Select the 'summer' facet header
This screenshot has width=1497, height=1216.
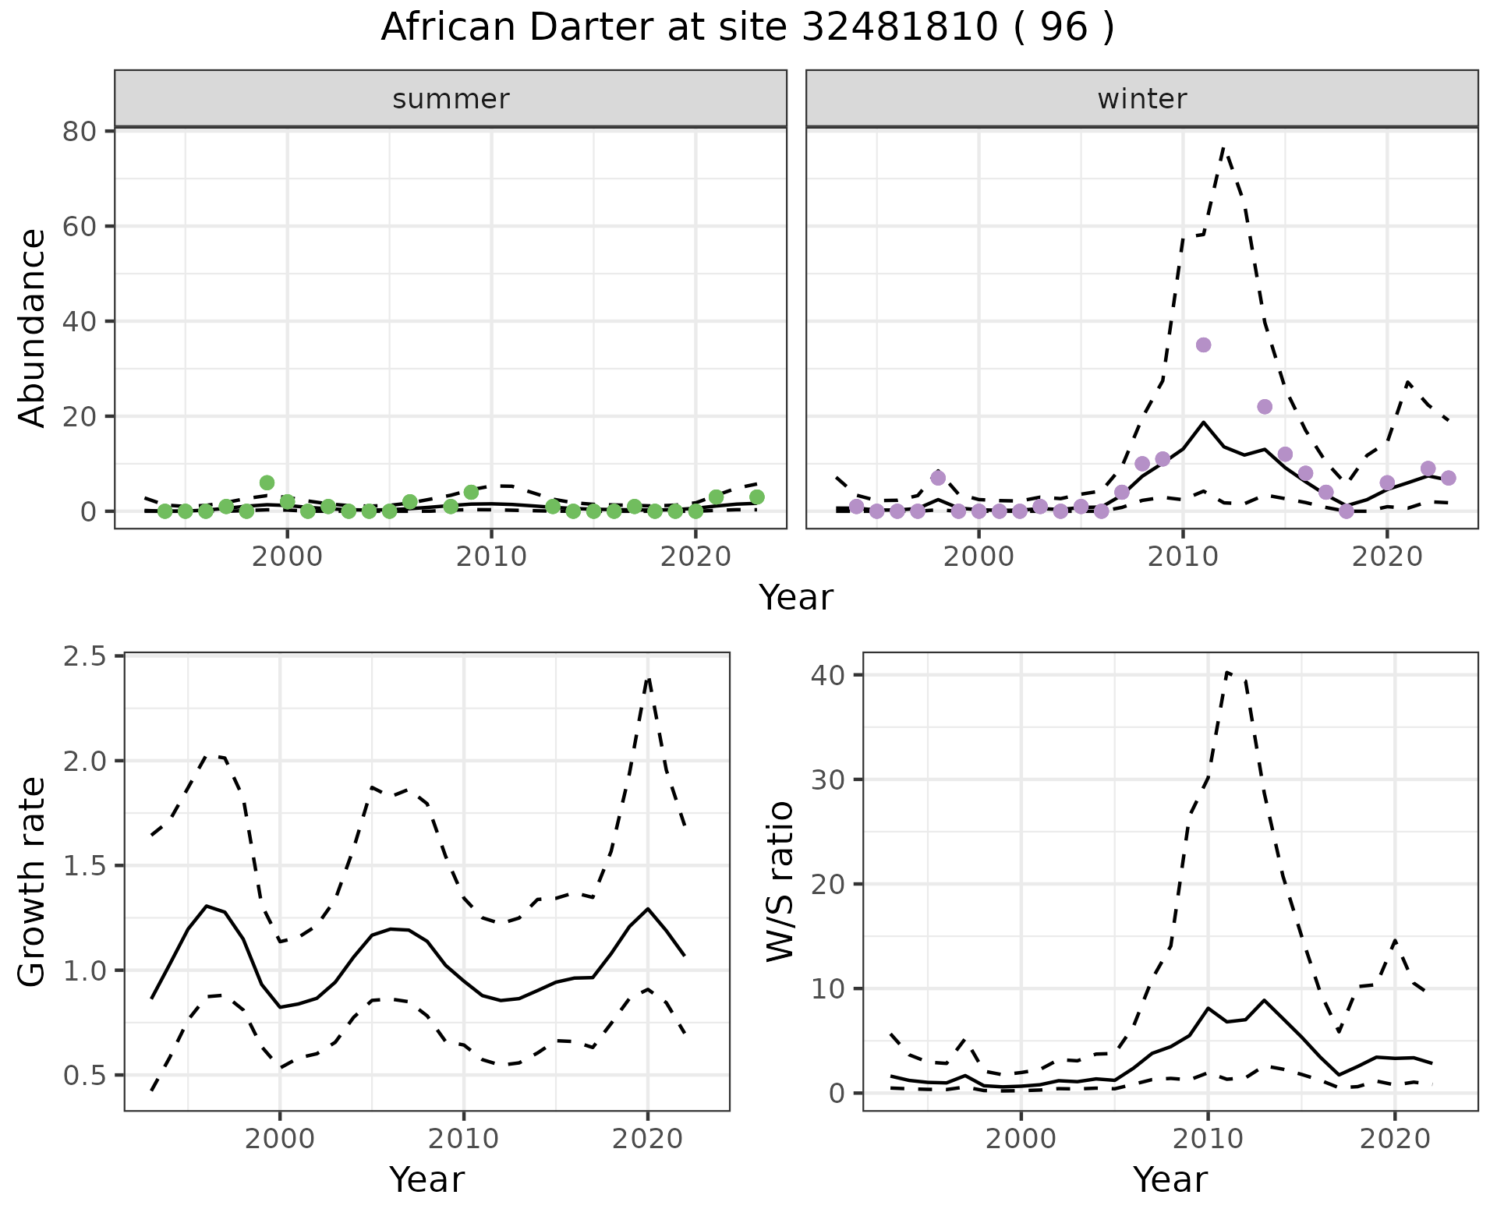[x=451, y=99]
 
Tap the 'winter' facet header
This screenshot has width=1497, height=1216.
[x=1141, y=99]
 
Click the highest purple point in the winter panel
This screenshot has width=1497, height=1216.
[x=1203, y=345]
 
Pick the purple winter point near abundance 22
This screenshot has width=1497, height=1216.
[x=1265, y=406]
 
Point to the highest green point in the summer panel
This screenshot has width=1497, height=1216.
[x=267, y=483]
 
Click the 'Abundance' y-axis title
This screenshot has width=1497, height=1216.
[x=33, y=327]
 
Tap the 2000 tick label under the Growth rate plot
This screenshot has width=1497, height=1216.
[x=280, y=1139]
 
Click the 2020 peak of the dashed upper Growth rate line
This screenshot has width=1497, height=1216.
[x=648, y=678]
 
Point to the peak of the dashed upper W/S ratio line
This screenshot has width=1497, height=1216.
[x=1227, y=672]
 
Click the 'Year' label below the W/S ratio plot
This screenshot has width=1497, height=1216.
[x=1170, y=1179]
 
